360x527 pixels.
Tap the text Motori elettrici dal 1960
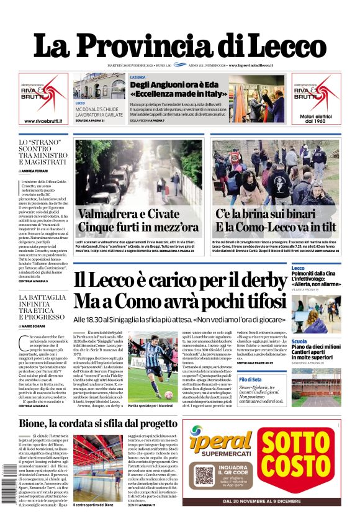pyautogui.click(x=317, y=118)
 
